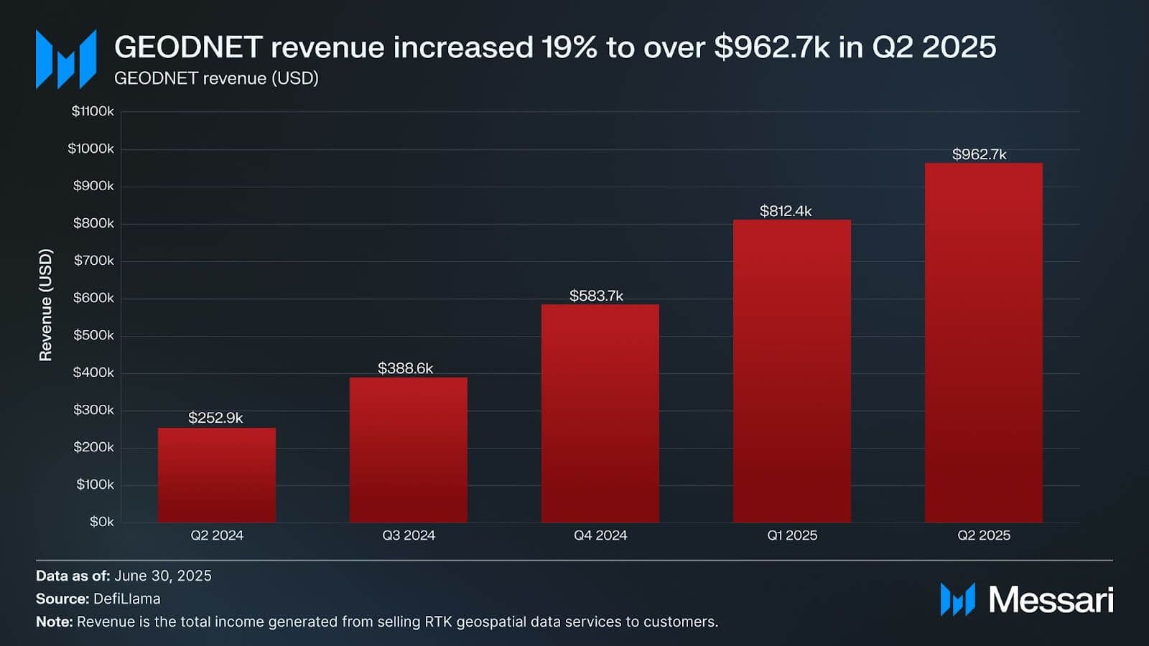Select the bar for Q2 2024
point(217,474)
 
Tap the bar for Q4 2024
point(600,413)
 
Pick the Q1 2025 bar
point(792,370)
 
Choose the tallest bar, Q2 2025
point(984,342)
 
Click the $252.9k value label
point(215,418)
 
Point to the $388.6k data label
point(406,368)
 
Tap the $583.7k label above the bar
point(596,296)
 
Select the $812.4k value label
point(786,211)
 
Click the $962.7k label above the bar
point(980,154)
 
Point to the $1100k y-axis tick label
point(93,111)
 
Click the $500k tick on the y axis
point(93,335)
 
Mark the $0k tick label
point(101,522)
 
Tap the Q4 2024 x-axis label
point(600,535)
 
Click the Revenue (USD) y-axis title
point(46,305)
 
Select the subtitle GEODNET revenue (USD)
point(216,78)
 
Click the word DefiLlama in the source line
point(127,599)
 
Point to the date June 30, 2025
point(163,576)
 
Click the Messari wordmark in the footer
point(1051,600)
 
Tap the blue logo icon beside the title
point(66,59)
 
